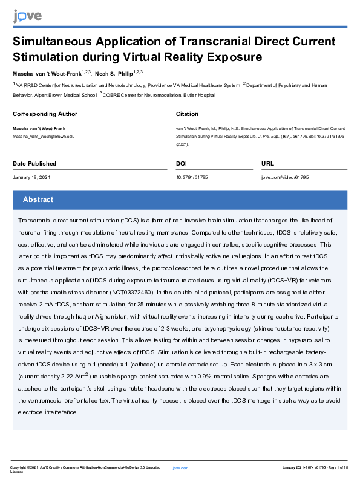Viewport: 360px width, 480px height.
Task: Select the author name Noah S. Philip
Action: pyautogui.click(x=114, y=73)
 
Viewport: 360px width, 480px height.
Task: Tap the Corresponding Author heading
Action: pyautogui.click(x=45, y=114)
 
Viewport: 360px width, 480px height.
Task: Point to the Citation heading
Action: pyautogui.click(x=187, y=114)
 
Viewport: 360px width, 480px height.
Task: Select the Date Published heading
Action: pyautogui.click(x=34, y=164)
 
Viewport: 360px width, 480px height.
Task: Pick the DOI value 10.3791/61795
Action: pyautogui.click(x=192, y=177)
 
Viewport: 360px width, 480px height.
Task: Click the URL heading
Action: pyautogui.click(x=267, y=164)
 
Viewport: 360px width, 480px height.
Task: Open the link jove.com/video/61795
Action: pyautogui.click(x=285, y=177)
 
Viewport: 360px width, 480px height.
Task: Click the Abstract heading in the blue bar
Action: pyautogui.click(x=38, y=199)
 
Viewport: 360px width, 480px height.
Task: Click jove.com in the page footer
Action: pyautogui.click(x=180, y=468)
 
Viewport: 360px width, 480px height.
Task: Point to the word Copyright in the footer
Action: pyautogui.click(x=21, y=468)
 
